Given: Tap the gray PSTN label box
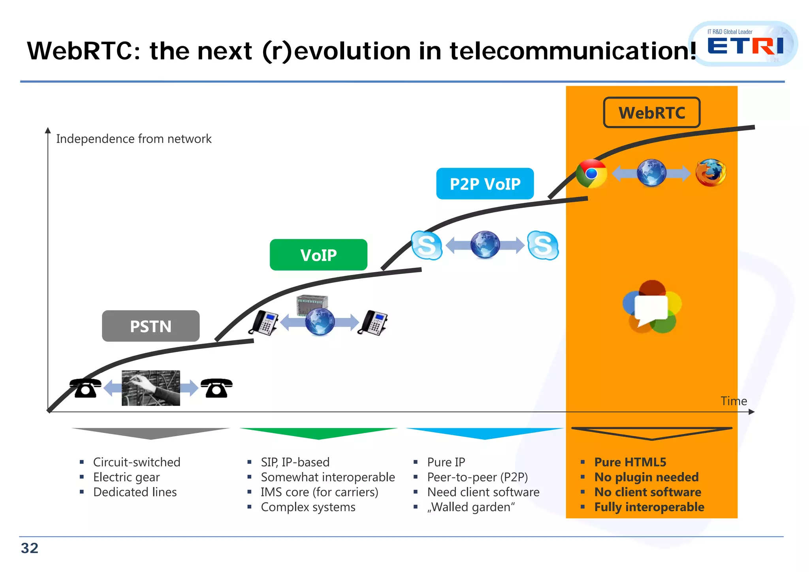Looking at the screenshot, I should tap(151, 326).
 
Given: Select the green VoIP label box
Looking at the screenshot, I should tap(318, 255).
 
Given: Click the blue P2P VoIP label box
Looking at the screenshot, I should tap(485, 184).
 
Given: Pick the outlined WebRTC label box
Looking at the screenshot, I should tap(651, 113).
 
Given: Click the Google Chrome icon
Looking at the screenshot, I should tap(591, 173).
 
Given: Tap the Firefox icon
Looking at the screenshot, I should tap(711, 173).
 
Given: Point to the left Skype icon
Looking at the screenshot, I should tap(426, 245).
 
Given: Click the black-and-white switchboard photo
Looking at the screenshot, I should tap(151, 388).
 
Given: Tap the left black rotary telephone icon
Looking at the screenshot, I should tap(85, 388).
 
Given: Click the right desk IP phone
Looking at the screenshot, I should tap(373, 322).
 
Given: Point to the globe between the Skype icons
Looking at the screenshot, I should tap(485, 245).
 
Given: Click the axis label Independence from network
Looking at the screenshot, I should tap(134, 139).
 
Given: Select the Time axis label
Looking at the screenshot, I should tap(734, 401).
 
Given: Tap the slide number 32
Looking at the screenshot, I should tap(30, 548).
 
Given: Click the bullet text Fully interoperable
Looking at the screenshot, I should tap(649, 507).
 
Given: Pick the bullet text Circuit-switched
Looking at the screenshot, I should tap(137, 462).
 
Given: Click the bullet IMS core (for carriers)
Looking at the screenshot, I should tap(319, 492).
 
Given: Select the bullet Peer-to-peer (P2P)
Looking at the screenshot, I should tap(477, 477).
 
